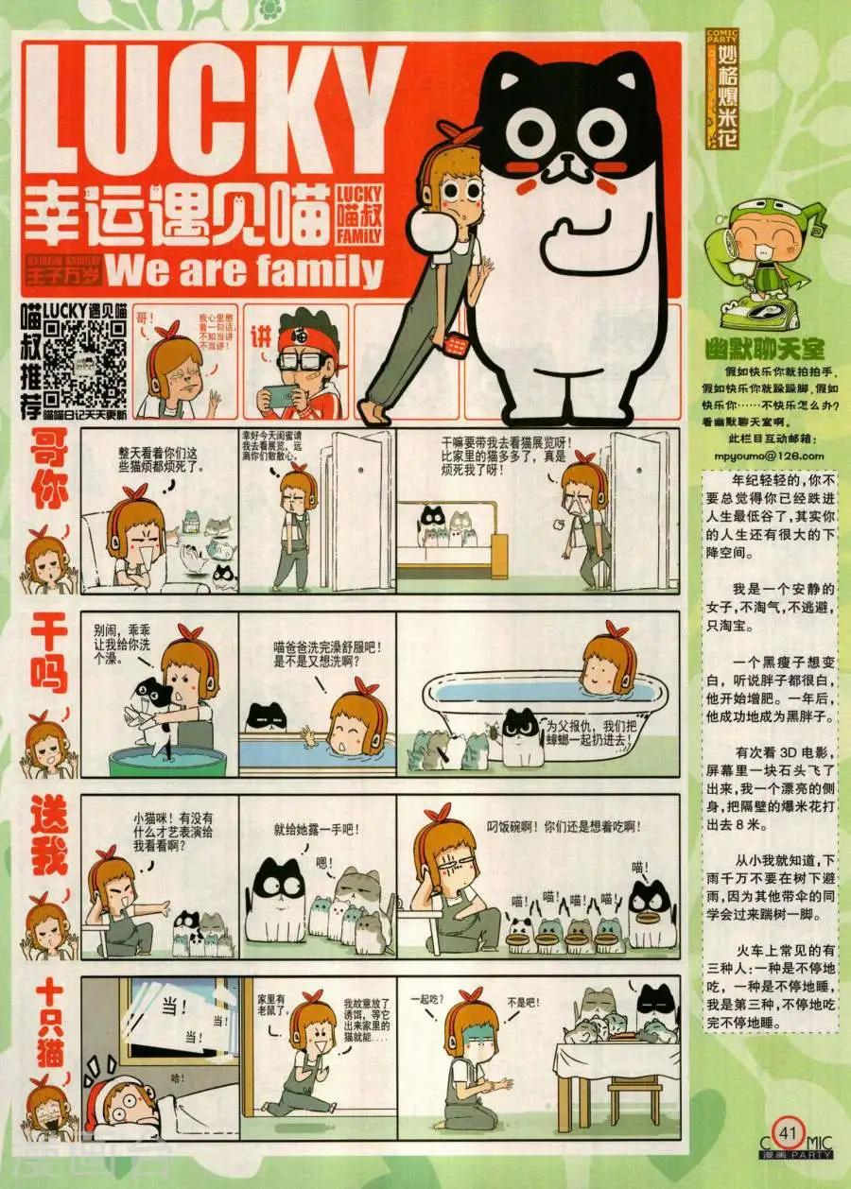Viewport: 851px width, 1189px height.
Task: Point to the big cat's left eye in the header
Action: pyautogui.click(x=524, y=132)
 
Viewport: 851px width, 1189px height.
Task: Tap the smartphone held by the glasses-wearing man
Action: pyautogui.click(x=281, y=394)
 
